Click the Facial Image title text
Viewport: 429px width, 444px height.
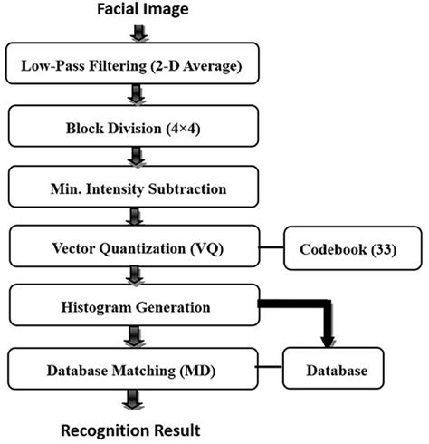click(137, 11)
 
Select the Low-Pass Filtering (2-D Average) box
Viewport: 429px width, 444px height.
click(137, 66)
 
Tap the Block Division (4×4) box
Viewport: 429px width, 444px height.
click(137, 126)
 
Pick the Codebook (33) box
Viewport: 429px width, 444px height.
click(343, 247)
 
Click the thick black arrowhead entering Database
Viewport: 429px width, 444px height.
click(329, 340)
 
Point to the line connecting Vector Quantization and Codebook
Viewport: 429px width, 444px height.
click(272, 246)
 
